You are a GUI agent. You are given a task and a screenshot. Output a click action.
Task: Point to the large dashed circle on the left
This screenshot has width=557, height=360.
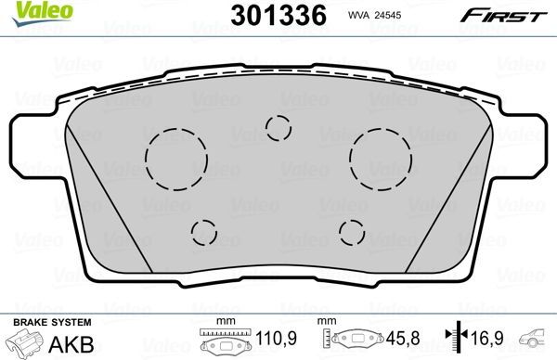[x=176, y=150]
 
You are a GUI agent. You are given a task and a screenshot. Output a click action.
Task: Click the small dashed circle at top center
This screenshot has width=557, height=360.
[x=278, y=127]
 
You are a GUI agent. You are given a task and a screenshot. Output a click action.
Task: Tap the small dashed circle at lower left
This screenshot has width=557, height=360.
[x=204, y=232]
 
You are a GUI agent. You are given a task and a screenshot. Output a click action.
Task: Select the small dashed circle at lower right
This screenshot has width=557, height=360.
[x=352, y=232]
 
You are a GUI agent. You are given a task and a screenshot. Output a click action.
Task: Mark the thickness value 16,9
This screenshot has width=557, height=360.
[x=484, y=339]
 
